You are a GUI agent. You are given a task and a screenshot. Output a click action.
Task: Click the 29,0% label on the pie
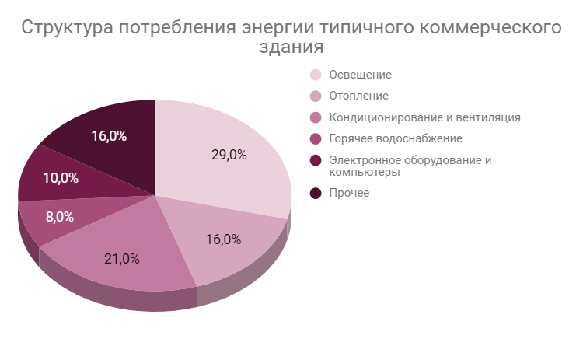coord(229,154)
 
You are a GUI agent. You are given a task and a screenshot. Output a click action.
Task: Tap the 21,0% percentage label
coord(122,259)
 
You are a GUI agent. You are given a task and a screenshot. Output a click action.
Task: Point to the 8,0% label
coord(59,217)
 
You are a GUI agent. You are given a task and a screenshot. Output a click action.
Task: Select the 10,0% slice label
coord(60,177)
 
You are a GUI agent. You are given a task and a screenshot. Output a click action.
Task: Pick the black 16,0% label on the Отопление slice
coord(223,239)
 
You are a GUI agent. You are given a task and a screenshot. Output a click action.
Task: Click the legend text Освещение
coord(360,75)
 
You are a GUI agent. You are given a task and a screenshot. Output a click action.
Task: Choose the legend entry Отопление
coord(358,96)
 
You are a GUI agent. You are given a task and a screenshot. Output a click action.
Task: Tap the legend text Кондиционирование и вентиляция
coord(424,117)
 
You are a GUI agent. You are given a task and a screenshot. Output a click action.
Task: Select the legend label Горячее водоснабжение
coord(396,138)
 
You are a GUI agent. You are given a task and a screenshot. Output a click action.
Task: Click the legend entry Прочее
coord(349,193)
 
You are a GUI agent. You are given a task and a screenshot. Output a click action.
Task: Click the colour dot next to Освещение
coord(316,75)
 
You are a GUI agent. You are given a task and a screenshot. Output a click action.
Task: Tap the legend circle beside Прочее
coord(316,193)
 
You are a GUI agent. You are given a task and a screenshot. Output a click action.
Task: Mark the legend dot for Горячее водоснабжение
coord(316,138)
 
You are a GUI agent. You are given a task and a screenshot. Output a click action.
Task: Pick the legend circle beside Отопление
coord(316,96)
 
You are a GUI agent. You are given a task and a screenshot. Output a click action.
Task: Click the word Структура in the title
coord(67,28)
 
